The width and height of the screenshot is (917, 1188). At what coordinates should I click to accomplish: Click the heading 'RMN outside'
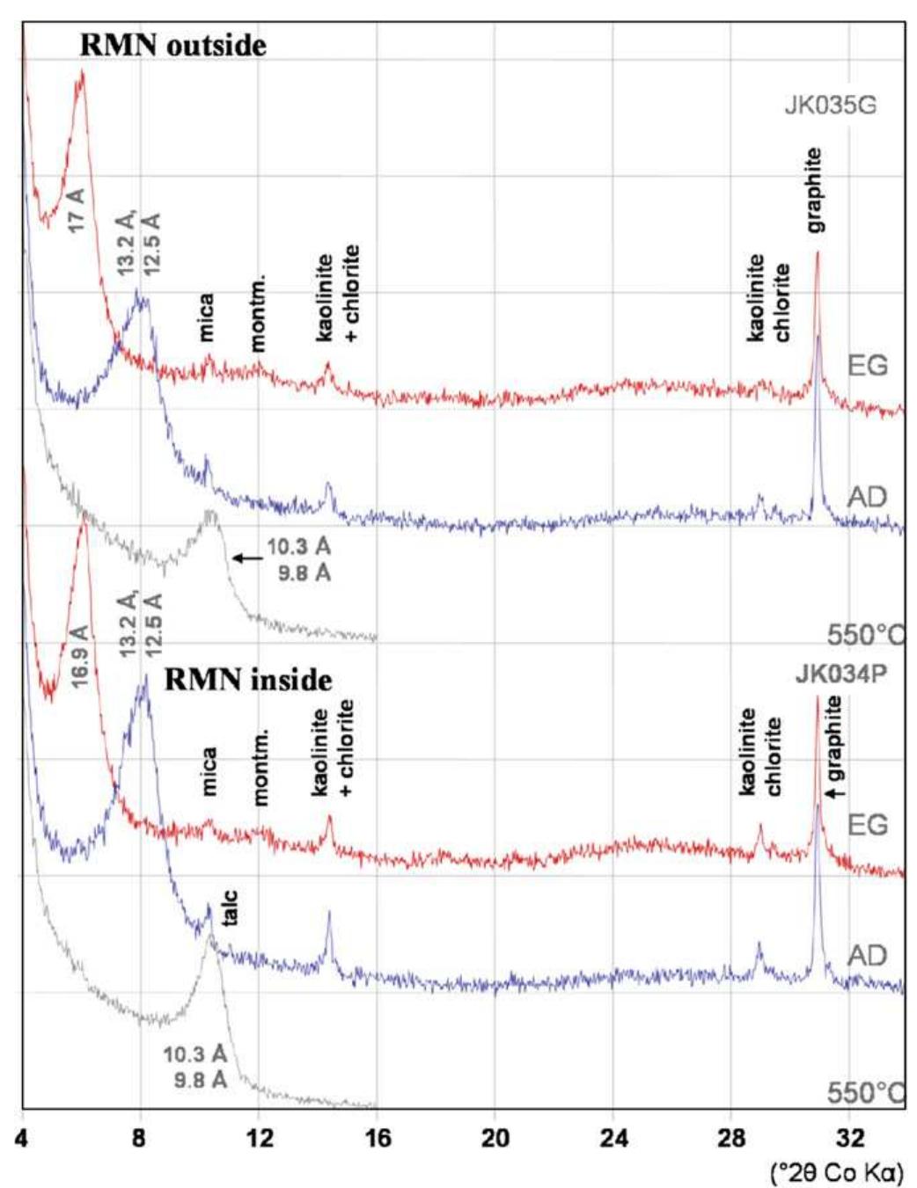click(172, 45)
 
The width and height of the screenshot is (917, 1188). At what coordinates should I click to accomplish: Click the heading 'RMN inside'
click(248, 680)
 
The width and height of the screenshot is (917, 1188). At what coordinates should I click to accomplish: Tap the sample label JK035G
click(830, 107)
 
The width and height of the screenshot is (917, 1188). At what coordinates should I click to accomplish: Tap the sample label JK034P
click(840, 674)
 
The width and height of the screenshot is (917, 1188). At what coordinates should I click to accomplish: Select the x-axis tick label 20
click(495, 1138)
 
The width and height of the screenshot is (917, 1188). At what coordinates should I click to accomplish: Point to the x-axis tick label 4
click(22, 1138)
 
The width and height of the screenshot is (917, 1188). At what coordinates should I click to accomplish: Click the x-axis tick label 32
click(849, 1138)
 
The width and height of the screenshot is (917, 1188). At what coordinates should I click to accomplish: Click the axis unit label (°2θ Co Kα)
click(836, 1173)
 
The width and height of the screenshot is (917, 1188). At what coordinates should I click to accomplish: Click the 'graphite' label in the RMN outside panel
click(815, 190)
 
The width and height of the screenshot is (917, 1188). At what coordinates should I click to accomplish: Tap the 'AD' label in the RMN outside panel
click(866, 498)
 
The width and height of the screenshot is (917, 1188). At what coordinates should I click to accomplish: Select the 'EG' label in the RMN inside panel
click(866, 825)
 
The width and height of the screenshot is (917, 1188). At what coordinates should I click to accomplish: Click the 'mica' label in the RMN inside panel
click(208, 771)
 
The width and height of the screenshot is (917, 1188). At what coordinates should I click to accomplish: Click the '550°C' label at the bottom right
click(864, 1093)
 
